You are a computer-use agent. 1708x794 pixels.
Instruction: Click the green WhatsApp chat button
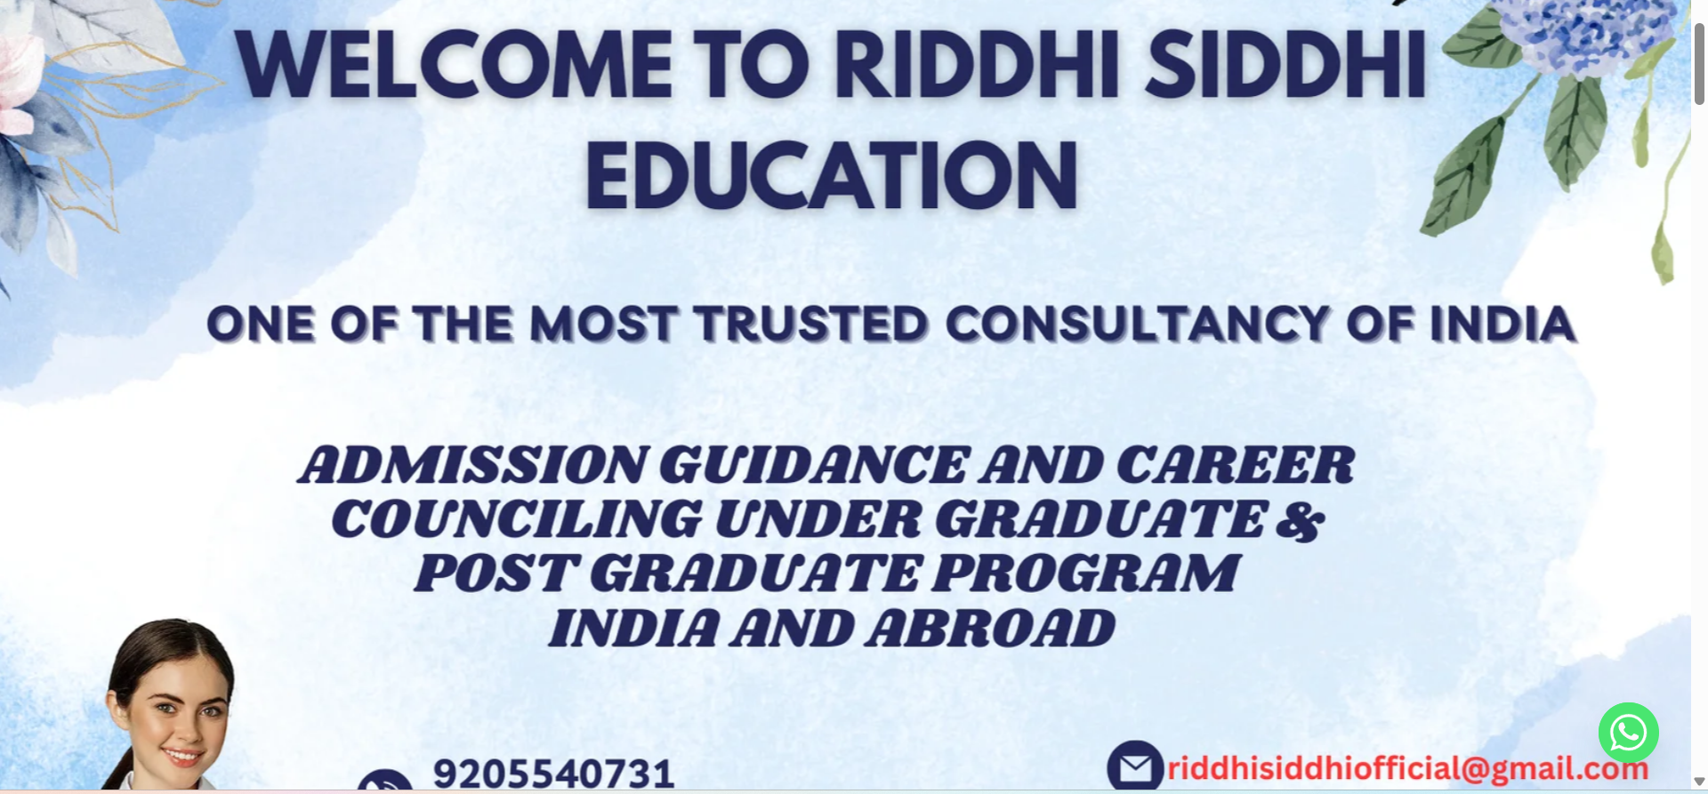point(1628,733)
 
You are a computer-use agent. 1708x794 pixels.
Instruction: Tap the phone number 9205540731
point(553,774)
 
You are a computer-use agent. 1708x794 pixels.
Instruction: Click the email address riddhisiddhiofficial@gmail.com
point(1407,768)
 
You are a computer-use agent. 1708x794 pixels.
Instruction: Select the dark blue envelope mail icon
point(1135,766)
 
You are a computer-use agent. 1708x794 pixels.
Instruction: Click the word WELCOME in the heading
point(455,65)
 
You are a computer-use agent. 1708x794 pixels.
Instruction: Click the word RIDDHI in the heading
point(977,65)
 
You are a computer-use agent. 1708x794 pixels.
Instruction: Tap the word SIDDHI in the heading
point(1286,65)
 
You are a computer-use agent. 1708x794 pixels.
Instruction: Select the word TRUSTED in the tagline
point(811,324)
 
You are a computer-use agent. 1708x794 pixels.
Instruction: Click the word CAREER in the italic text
point(1235,465)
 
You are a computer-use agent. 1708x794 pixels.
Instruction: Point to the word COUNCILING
point(516,519)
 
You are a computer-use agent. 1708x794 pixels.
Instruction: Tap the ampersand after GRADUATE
point(1300,520)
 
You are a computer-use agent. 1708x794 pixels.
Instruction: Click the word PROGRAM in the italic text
point(1085,573)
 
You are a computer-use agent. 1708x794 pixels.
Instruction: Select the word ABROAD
point(990,629)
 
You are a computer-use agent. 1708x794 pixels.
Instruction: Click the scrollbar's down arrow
point(1699,782)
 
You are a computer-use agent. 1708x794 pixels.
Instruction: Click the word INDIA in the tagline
point(1503,324)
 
